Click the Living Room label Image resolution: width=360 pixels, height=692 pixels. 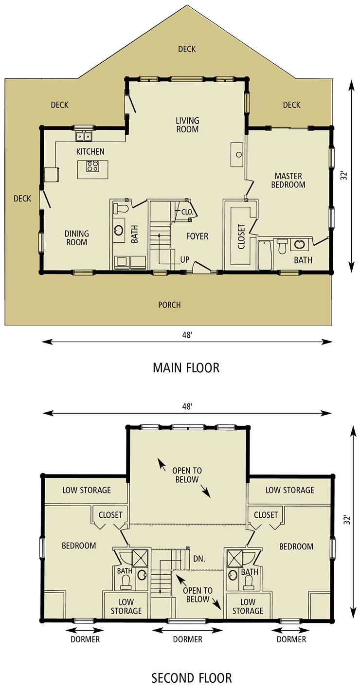187,125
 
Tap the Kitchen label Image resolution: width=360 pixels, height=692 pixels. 90,152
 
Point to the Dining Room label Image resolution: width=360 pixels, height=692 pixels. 76,238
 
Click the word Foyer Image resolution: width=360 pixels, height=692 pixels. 197,237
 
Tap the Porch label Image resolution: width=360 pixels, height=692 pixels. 169,305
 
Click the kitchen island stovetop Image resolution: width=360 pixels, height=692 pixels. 92,166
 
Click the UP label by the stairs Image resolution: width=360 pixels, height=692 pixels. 184,260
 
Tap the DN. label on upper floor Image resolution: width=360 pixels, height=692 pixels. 199,559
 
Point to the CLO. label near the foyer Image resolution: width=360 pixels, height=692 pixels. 188,213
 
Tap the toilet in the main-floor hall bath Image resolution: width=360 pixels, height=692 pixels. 121,209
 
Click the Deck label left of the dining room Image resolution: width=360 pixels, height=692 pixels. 22,199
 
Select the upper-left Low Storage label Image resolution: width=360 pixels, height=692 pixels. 87,490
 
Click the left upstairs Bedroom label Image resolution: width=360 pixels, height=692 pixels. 79,546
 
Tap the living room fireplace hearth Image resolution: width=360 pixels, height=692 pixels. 237,155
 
